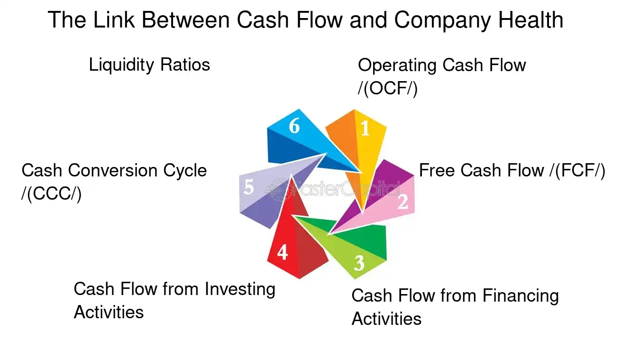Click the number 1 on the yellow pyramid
[x=365, y=129]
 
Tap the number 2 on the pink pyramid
[x=402, y=202]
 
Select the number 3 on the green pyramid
[x=359, y=262]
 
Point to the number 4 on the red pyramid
[x=282, y=253]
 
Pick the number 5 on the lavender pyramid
[x=249, y=188]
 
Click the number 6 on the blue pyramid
[x=294, y=127]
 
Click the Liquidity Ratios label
[x=149, y=65]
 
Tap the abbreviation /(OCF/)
[x=387, y=89]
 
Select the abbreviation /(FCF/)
[x=576, y=171]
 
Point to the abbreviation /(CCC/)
[x=51, y=194]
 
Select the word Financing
[x=521, y=296]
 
